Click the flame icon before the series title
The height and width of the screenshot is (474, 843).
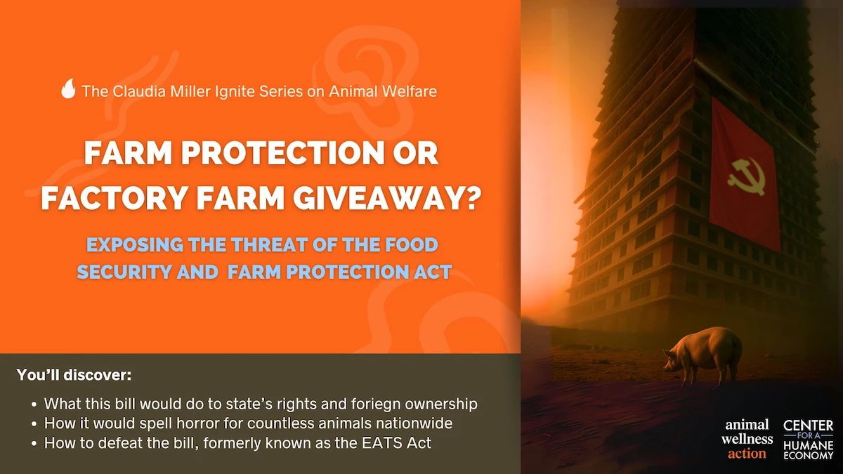pyautogui.click(x=68, y=89)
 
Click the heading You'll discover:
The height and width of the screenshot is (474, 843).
pyautogui.click(x=74, y=375)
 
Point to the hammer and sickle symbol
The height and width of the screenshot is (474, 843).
pyautogui.click(x=742, y=173)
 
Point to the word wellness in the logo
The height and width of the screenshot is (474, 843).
pyautogui.click(x=747, y=439)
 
